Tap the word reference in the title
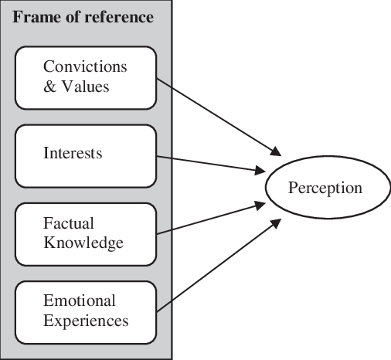(119, 17)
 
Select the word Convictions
(85, 66)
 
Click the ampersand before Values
(49, 86)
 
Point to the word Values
(85, 86)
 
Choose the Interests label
(73, 153)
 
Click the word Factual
(69, 223)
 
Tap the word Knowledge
(83, 243)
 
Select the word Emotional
(80, 301)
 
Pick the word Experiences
(86, 321)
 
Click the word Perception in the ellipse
(325, 188)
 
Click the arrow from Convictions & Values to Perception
(219, 117)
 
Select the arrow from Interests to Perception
(211, 164)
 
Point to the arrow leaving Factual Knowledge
(211, 219)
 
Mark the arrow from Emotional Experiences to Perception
(219, 265)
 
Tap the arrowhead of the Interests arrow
(260, 171)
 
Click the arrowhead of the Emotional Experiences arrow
(277, 222)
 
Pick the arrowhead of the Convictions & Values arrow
(277, 152)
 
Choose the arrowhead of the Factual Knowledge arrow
(260, 205)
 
